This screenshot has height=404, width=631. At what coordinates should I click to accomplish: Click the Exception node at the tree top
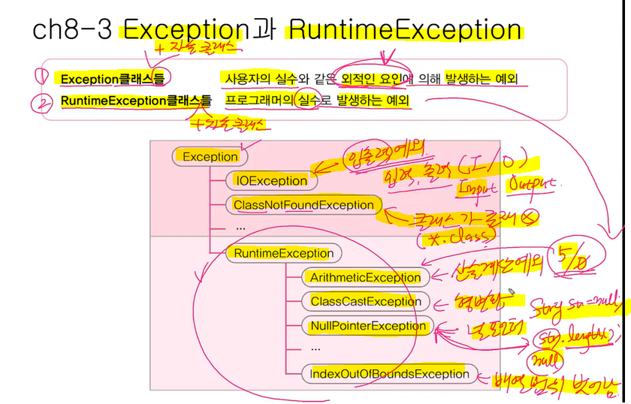[210, 157]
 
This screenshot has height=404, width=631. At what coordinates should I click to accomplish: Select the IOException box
[270, 181]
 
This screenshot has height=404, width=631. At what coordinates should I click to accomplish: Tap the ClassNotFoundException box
[303, 205]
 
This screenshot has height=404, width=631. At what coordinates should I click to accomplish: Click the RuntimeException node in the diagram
[283, 253]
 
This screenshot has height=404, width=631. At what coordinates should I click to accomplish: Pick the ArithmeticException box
[365, 277]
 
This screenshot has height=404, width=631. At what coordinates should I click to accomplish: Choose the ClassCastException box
[364, 301]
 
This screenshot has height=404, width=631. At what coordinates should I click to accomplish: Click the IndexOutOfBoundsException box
[389, 374]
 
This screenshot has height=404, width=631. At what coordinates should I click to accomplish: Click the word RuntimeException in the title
[405, 30]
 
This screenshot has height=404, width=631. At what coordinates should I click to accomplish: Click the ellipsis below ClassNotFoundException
[240, 227]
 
